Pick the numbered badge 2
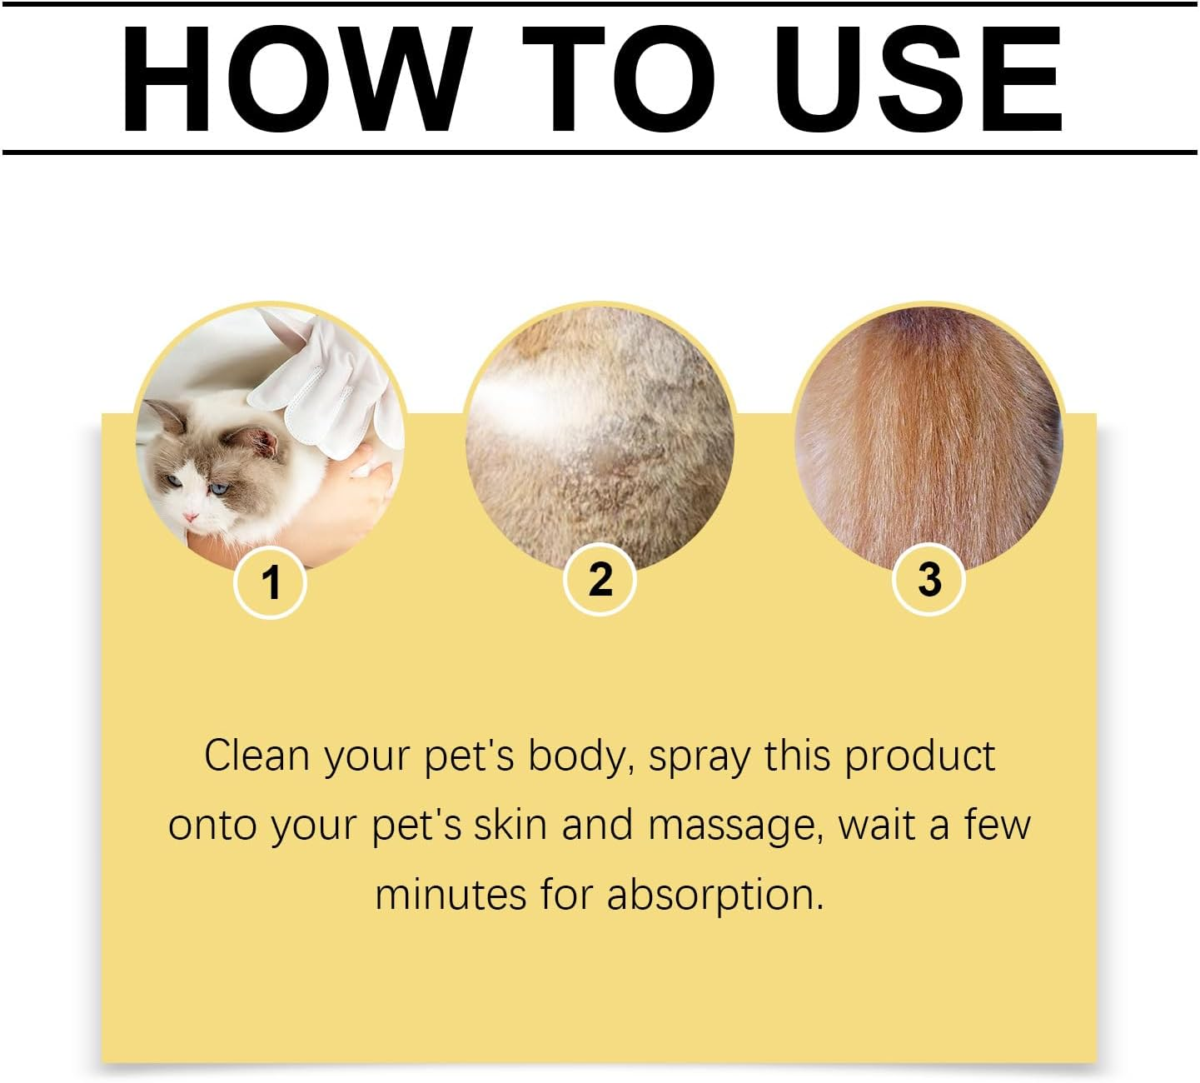600,579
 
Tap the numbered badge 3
929,579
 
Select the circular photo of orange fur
929,437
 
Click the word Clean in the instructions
256,756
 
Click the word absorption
715,896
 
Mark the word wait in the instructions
874,825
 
